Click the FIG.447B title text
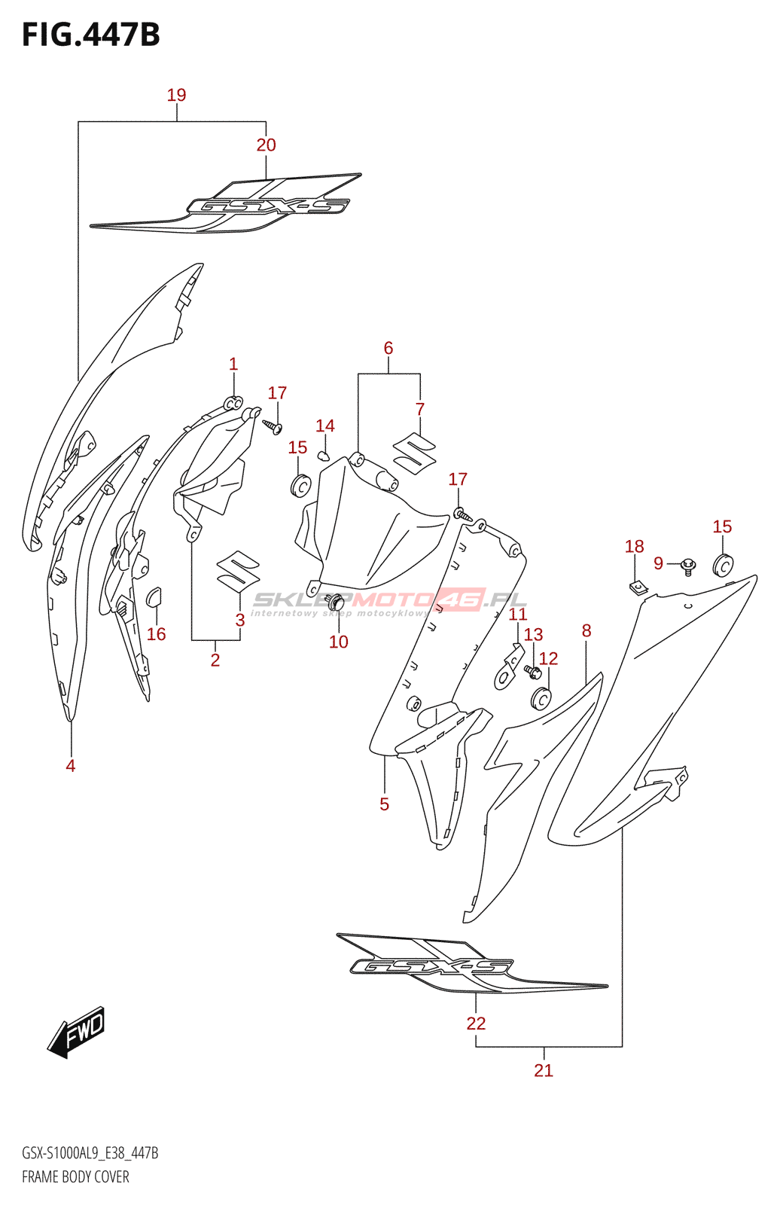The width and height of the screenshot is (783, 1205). click(x=91, y=35)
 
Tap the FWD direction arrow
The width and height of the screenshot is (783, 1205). click(x=77, y=1031)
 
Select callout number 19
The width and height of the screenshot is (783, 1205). click(x=176, y=95)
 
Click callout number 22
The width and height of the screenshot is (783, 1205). click(x=476, y=1023)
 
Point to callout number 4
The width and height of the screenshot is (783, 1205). click(x=71, y=766)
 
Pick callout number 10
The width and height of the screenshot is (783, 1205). click(x=339, y=642)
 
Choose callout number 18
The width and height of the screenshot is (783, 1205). click(x=635, y=546)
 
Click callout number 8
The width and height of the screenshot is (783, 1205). click(x=586, y=631)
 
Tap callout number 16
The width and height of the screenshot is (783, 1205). click(x=156, y=634)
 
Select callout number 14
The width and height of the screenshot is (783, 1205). click(x=325, y=426)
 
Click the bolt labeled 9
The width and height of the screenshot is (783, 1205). click(x=688, y=565)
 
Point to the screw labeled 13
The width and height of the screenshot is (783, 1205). click(x=532, y=670)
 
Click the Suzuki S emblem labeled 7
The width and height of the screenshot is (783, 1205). click(x=415, y=453)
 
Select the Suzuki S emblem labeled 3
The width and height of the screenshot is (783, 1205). click(x=238, y=570)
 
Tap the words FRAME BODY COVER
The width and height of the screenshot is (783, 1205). click(x=75, y=1177)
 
